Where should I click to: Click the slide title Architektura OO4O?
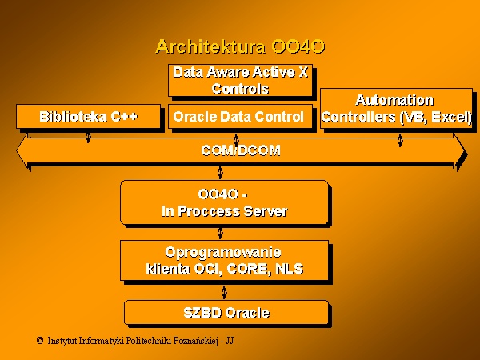tap(240, 46)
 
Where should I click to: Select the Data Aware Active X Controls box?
tap(240, 81)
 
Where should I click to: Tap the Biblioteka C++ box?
tap(88, 116)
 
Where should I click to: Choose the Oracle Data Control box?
tap(240, 116)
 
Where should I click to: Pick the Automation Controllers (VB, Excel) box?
tap(397, 108)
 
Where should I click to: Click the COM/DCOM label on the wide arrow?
tap(241, 150)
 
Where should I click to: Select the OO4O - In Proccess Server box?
tap(224, 202)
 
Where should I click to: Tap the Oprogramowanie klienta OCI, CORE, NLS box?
tap(224, 261)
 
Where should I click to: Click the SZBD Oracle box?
tap(226, 313)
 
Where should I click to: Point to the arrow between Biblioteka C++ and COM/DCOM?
tap(88, 138)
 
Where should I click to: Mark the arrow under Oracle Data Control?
tap(236, 140)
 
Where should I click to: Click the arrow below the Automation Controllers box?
tap(400, 140)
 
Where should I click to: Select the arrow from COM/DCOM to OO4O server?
tap(220, 173)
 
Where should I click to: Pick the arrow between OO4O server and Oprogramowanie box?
tap(220, 233)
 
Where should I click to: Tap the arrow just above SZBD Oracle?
tap(224, 292)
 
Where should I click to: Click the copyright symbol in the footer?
tap(40, 341)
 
